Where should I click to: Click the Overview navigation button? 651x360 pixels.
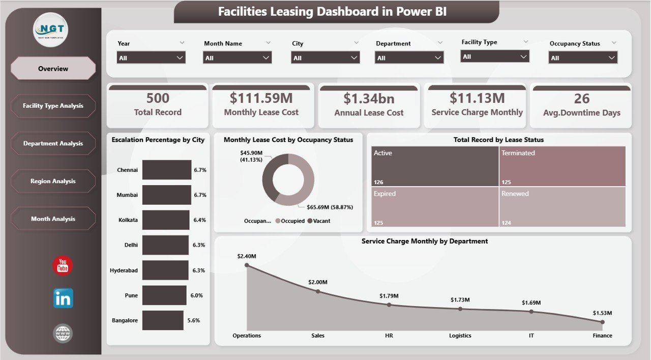[x=53, y=69]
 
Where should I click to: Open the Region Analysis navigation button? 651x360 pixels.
[x=53, y=181]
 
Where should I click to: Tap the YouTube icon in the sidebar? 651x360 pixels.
[x=63, y=265]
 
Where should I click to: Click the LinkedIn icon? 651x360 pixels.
[x=63, y=298]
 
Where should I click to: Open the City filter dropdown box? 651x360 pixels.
[x=325, y=58]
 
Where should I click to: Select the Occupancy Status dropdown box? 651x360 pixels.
[x=583, y=58]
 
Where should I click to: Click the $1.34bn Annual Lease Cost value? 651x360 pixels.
[x=369, y=98]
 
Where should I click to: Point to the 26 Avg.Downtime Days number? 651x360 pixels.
[x=581, y=98]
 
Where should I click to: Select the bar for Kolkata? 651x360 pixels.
[x=166, y=220]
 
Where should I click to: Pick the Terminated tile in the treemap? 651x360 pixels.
[x=562, y=166]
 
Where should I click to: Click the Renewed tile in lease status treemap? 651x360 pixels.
[x=562, y=206]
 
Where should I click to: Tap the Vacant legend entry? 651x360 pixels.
[x=319, y=221]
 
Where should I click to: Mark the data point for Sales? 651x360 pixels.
[x=318, y=291]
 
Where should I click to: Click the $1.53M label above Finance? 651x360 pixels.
[x=602, y=313]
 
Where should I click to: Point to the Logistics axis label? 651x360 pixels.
[x=460, y=336]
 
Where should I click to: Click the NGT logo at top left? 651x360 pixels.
[x=50, y=29]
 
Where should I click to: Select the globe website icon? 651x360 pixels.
[x=63, y=334]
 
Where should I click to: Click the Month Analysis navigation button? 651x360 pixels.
[x=53, y=219]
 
